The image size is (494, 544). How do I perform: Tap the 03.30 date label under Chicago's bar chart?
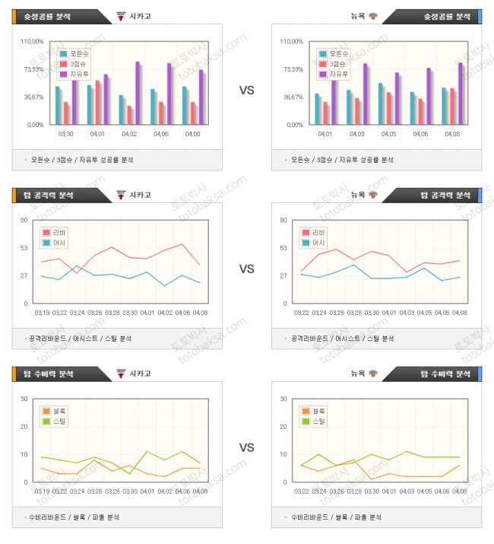click(x=66, y=134)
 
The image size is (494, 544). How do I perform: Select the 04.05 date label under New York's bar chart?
click(x=388, y=134)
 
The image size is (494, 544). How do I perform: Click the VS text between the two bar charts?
click(x=247, y=91)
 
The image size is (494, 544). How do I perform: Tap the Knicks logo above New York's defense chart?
click(x=373, y=374)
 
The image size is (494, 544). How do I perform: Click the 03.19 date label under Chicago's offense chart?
click(x=43, y=313)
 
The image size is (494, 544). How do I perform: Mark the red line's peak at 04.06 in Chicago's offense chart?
click(x=182, y=244)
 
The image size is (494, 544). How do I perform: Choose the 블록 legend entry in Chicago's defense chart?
click(x=56, y=411)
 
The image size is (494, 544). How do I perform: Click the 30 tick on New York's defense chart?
click(x=283, y=399)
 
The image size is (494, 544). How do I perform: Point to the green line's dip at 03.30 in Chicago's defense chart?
click(x=130, y=474)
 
